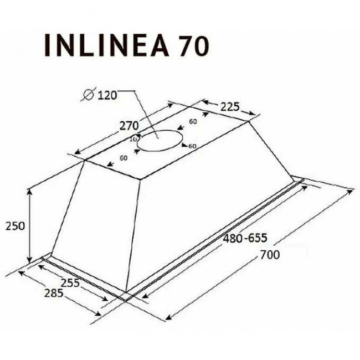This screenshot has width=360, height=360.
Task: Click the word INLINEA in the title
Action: click(105, 45)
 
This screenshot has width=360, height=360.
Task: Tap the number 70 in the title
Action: click(193, 47)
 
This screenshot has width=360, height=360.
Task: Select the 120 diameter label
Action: click(107, 95)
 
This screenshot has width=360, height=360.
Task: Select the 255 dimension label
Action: click(70, 281)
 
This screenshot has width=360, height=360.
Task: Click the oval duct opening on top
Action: click(160, 141)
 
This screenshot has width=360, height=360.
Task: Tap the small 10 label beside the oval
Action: click(133, 139)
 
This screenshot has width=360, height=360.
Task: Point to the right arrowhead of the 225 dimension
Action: click(253, 116)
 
